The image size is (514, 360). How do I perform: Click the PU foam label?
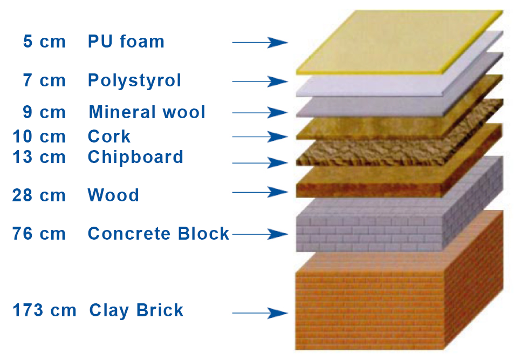click(x=126, y=42)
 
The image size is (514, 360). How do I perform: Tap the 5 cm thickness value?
click(x=44, y=42)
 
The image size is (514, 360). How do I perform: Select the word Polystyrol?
click(x=134, y=80)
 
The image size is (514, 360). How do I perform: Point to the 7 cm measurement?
click(x=44, y=80)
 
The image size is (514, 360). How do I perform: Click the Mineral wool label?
click(x=147, y=112)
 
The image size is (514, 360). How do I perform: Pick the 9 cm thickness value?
click(x=44, y=112)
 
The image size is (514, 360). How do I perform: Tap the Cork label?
click(x=109, y=136)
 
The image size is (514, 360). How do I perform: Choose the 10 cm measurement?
click(x=39, y=136)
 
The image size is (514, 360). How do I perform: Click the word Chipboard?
click(x=135, y=157)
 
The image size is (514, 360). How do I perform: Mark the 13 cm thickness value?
click(x=39, y=157)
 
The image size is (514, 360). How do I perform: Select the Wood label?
click(x=113, y=195)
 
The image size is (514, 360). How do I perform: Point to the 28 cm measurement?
click(x=39, y=195)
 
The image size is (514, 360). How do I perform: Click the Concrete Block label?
click(x=159, y=234)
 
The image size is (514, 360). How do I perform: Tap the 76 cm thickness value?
click(x=39, y=234)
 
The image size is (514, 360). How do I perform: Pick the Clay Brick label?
click(x=136, y=310)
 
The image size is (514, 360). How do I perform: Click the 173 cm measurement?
click(x=44, y=310)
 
